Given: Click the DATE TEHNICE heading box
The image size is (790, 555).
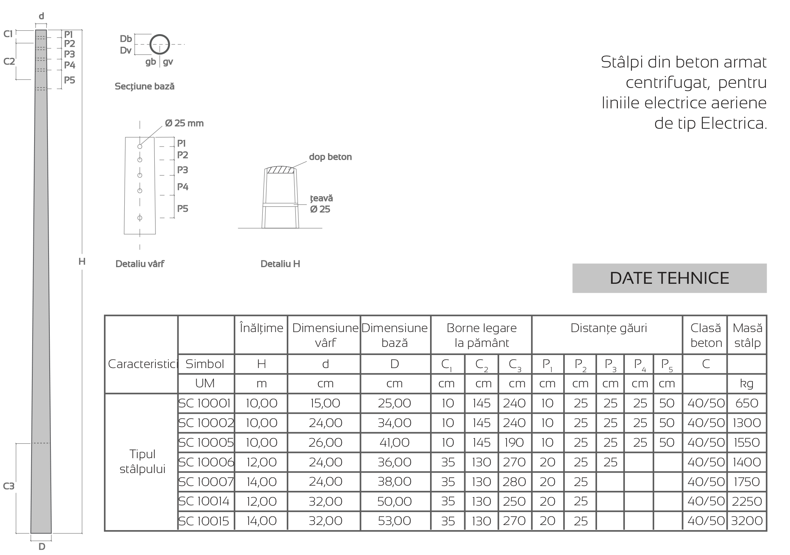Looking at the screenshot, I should point(669,278).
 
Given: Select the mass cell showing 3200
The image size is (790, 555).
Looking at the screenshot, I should point(747,521).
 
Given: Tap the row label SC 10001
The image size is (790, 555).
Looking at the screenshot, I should point(205,403).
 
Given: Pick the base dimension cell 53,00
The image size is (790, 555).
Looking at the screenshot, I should point(394,521).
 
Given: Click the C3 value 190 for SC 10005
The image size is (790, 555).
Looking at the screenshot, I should point(514,443).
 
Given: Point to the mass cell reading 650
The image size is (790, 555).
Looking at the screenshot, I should point(747,403).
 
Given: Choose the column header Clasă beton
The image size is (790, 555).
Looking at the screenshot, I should point(705,335).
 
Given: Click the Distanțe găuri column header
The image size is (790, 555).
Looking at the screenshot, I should point(608,328).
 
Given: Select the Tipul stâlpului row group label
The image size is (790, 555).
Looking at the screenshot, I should point(142,462).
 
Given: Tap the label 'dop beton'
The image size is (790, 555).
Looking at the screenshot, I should point(330,157).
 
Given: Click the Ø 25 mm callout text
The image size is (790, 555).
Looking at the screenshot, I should point(184,123).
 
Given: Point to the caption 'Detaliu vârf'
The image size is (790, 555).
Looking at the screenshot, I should point(140,264).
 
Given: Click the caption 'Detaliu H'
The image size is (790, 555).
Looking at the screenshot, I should point(280,264).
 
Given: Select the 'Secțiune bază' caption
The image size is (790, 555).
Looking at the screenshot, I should point(144,86).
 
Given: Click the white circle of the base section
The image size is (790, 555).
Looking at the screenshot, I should point(160,45).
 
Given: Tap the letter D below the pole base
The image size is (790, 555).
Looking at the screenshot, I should point(42,546).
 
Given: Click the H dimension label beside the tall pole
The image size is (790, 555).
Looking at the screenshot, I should point(82,262).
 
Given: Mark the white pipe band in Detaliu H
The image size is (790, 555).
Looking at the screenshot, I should point(280,205).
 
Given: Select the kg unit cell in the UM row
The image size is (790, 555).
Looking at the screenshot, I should point(747,384).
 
